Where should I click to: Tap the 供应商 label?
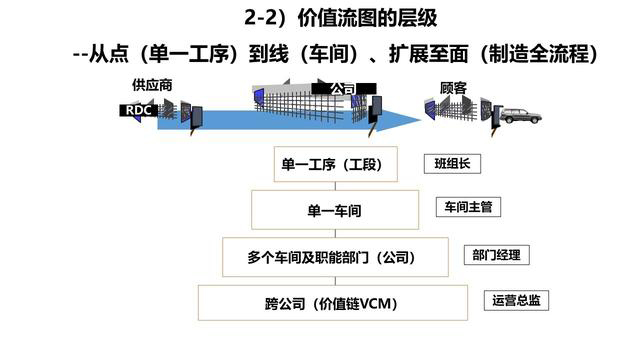(x=152, y=85)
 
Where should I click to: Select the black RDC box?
(x=140, y=111)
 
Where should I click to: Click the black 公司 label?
(x=342, y=89)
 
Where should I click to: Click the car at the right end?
(x=520, y=116)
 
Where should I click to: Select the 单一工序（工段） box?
(x=335, y=164)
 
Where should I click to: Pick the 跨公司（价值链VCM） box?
(x=333, y=303)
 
